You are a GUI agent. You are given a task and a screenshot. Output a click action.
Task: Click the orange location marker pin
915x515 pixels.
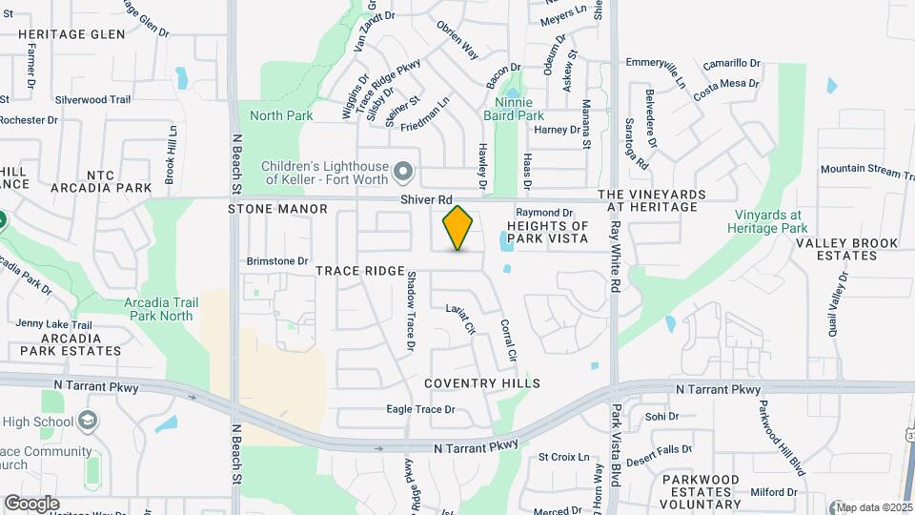458,227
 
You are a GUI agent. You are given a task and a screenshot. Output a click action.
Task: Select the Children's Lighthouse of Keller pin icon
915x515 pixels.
403,172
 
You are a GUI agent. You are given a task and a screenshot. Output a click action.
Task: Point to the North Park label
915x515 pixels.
281,115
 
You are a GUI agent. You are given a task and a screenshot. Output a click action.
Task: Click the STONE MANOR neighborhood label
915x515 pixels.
277,209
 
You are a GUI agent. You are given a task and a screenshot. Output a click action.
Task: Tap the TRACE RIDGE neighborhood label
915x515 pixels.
360,272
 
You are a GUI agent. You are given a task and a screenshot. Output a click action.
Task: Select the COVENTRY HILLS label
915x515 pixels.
482,383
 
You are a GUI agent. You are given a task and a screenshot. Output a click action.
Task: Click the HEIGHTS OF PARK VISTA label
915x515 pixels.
548,231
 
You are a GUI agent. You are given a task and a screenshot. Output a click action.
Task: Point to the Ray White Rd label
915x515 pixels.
616,257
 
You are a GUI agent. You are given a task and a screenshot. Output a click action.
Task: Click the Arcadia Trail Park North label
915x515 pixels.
161,309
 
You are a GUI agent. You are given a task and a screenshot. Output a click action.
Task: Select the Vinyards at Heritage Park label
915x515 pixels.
767,221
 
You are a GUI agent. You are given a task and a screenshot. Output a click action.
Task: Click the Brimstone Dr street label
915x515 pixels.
277,260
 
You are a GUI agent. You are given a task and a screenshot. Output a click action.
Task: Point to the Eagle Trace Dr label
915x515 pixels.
420,410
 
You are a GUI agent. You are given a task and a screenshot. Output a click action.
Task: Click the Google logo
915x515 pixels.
31,504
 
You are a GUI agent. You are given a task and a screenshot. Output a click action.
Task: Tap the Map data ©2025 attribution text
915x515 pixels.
874,507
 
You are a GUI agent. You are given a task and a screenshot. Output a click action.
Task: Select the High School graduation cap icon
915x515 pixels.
88,422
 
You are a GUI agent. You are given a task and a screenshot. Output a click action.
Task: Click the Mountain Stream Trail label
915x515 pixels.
861,169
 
